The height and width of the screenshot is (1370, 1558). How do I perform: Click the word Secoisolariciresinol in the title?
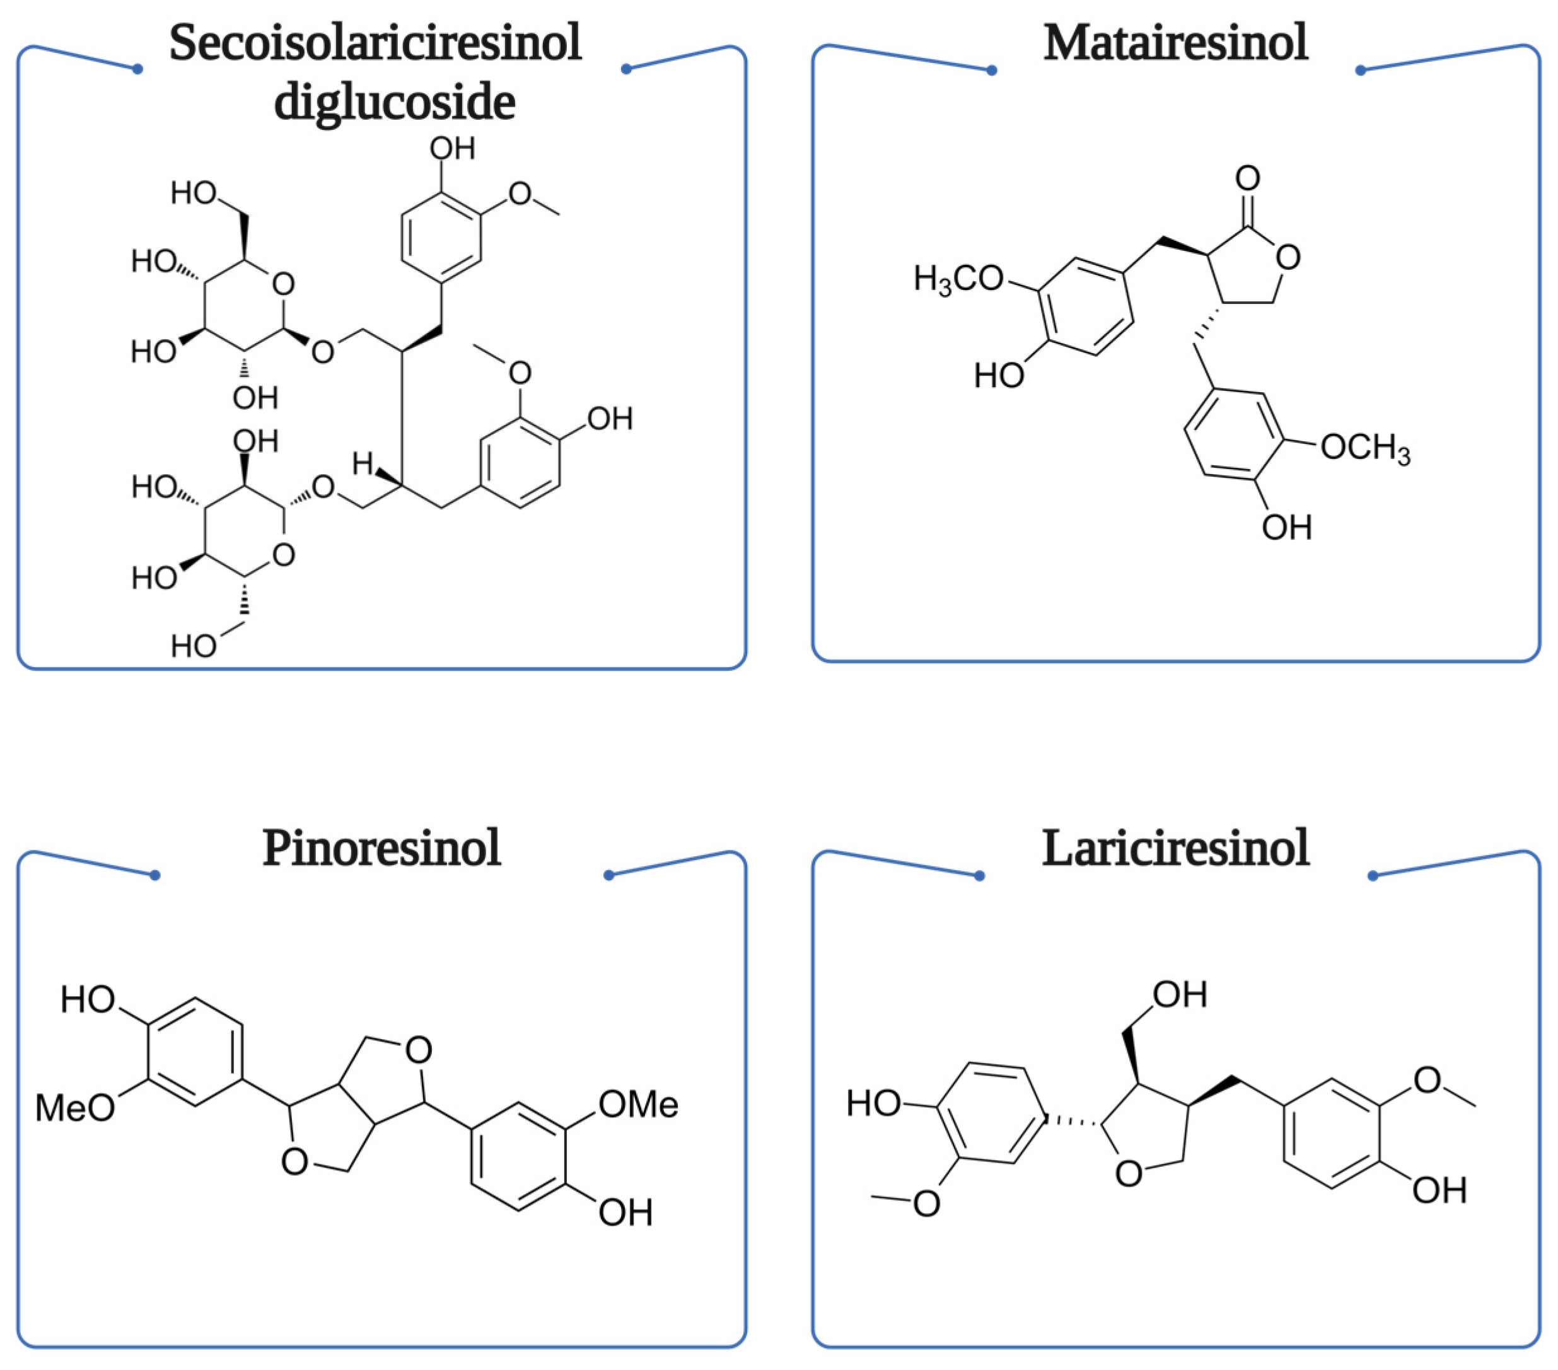(375, 43)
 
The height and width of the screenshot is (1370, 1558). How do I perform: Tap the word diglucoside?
(394, 102)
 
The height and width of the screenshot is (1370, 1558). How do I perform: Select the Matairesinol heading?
(1175, 43)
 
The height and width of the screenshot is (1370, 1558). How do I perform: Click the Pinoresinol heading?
(381, 848)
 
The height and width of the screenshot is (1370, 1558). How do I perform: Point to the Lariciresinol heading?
(1175, 848)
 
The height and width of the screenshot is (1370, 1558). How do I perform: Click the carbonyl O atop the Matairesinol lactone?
(1248, 178)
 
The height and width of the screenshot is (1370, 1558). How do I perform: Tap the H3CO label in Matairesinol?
(958, 280)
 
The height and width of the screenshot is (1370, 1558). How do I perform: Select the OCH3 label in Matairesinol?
(1364, 448)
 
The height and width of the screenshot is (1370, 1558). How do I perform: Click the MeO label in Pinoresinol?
(74, 1108)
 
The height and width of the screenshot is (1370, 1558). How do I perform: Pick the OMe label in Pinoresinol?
(638, 1105)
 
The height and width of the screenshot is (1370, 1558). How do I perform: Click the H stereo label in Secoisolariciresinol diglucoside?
(362, 463)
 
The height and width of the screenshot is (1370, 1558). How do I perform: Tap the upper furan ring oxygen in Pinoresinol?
(419, 1050)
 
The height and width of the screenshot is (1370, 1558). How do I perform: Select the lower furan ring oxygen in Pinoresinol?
(294, 1162)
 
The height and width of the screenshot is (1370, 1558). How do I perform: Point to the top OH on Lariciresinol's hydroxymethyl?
(1179, 995)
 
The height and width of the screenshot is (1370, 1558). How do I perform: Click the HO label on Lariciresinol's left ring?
(873, 1103)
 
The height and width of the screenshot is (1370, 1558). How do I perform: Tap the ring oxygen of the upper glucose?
(283, 284)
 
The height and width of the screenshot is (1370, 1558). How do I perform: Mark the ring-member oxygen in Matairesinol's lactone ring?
(1288, 258)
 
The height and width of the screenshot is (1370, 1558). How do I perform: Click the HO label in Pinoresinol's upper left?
(88, 999)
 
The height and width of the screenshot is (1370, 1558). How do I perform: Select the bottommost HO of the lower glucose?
(194, 646)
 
